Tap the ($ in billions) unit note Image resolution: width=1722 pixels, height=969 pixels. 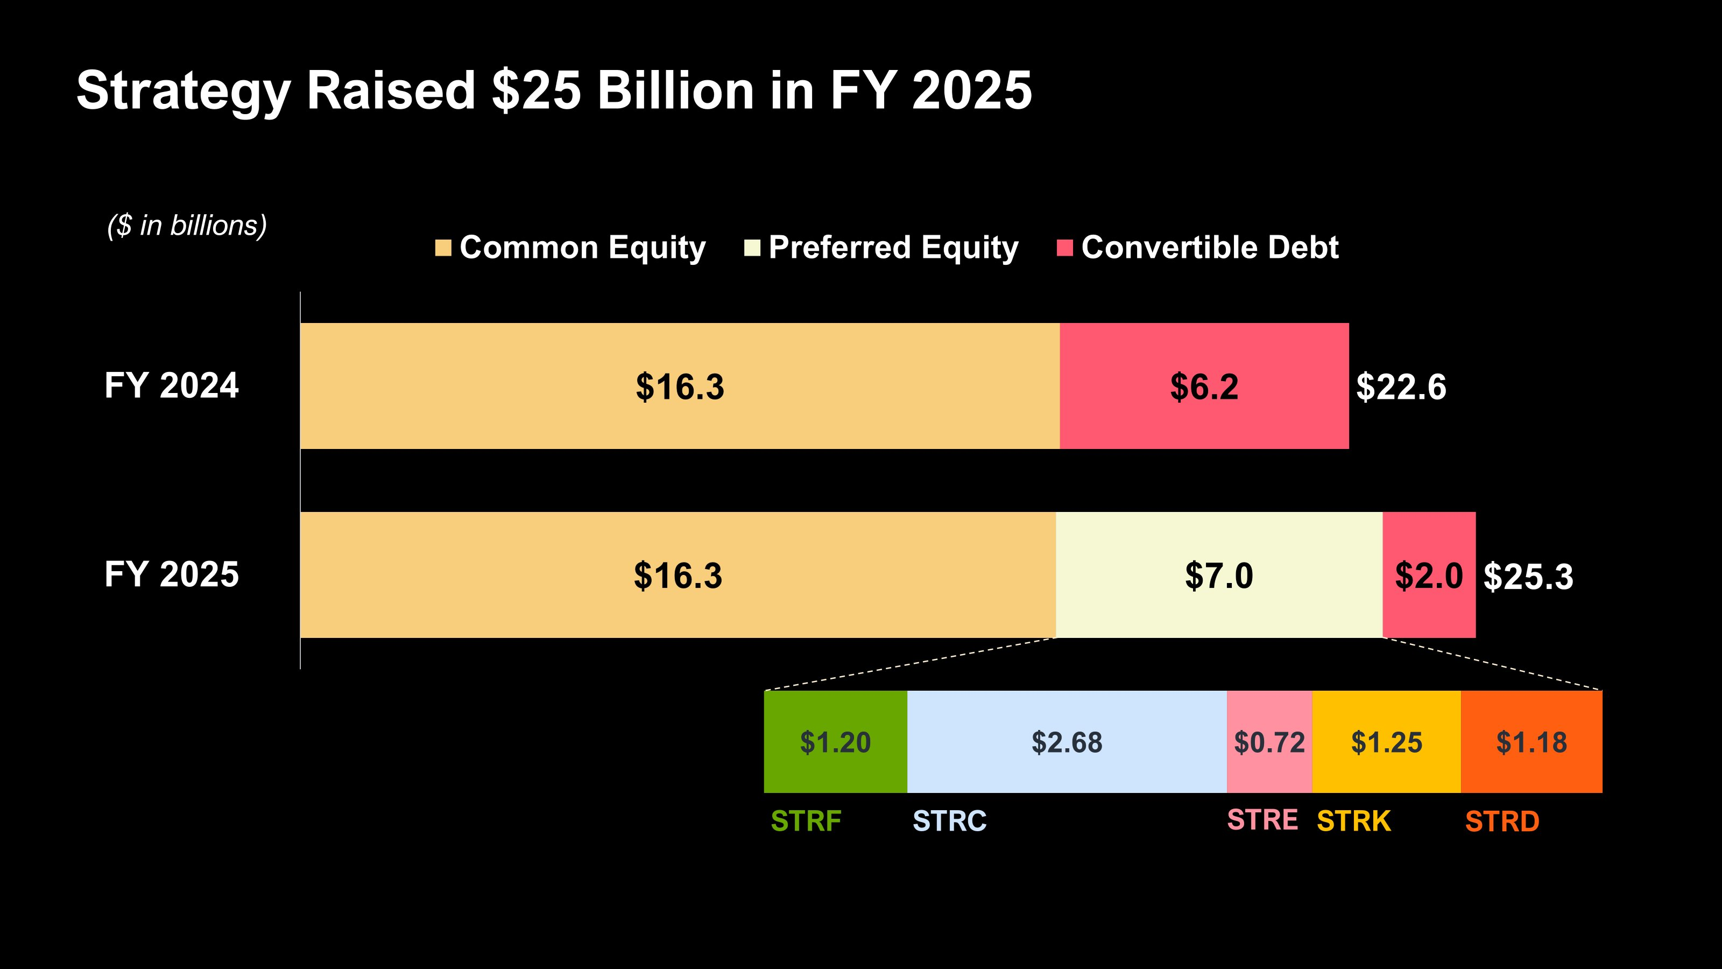[x=187, y=226]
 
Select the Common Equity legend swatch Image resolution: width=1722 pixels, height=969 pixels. [x=442, y=248]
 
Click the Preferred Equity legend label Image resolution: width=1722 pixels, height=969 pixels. [x=893, y=248]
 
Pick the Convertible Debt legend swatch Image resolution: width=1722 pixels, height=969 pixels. [x=1064, y=248]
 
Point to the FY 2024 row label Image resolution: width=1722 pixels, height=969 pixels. [x=171, y=386]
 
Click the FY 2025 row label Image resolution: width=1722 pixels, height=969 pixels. [x=171, y=575]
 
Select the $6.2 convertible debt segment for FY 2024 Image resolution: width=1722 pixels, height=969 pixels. [x=1204, y=387]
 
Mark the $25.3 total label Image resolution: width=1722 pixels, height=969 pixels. [x=1528, y=577]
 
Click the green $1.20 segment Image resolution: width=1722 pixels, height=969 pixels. [x=835, y=742]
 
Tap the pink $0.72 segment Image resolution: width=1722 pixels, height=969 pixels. [x=1269, y=742]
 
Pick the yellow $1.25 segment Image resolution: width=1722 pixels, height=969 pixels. [x=1386, y=742]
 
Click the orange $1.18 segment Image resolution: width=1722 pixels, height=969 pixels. [x=1532, y=742]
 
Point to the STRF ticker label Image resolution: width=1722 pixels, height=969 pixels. [x=806, y=821]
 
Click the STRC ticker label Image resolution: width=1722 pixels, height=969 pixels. [x=949, y=821]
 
